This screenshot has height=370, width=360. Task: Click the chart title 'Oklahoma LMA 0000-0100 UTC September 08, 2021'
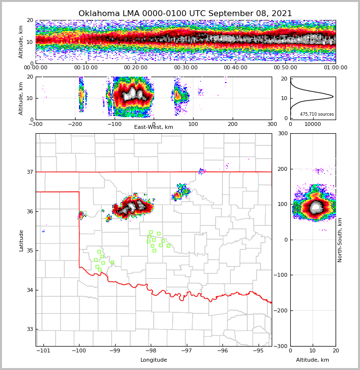tap(185, 14)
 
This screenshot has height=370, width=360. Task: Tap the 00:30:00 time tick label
tap(185, 68)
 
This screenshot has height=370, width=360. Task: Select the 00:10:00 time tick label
tap(85, 68)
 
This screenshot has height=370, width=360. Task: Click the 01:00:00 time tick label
tap(335, 68)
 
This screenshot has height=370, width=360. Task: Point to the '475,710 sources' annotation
tap(317, 114)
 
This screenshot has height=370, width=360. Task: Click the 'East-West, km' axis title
tap(154, 127)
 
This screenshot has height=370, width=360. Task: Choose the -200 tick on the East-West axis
tap(75, 124)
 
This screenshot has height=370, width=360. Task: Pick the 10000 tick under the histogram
tap(313, 124)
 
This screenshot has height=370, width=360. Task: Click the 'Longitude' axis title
tap(154, 360)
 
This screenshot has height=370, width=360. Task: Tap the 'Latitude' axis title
tap(21, 240)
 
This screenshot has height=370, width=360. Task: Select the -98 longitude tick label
tap(151, 351)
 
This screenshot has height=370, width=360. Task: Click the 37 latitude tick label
tap(29, 172)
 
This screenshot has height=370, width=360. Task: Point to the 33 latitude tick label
tap(29, 329)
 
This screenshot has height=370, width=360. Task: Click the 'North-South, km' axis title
tap(340, 240)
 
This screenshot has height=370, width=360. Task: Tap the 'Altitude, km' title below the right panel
tap(313, 360)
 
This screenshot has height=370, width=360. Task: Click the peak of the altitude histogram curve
tap(333, 97)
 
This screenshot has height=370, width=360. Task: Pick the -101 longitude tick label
tap(43, 351)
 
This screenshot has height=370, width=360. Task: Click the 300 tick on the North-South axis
tap(282, 134)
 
